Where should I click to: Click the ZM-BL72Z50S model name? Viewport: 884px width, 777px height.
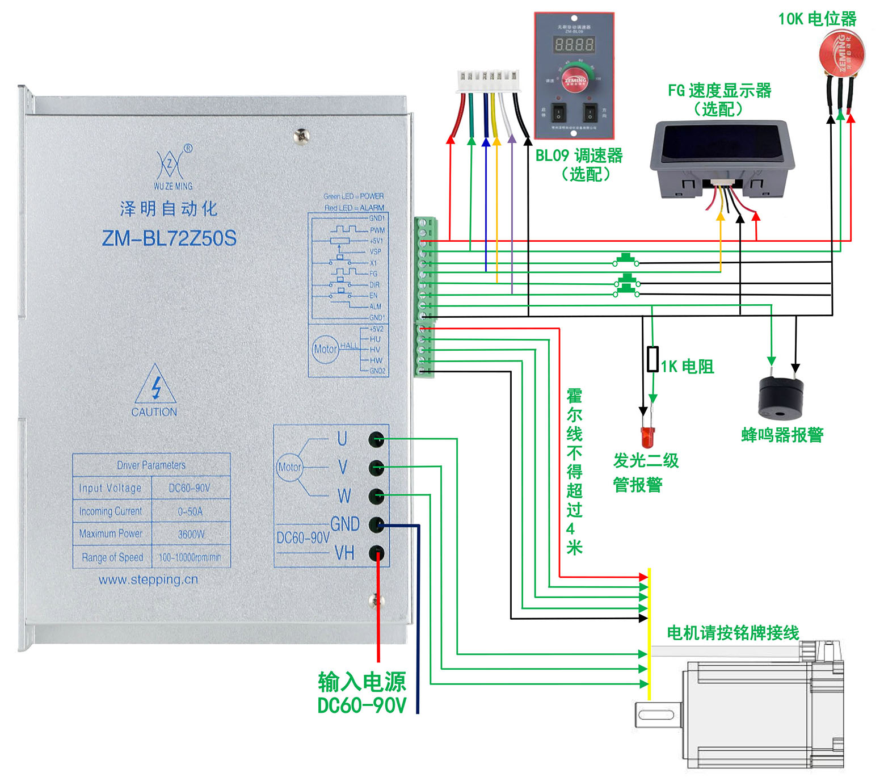tap(169, 238)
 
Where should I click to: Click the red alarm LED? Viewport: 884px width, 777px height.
tap(647, 436)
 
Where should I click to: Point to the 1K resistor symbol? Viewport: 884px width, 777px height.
tap(653, 359)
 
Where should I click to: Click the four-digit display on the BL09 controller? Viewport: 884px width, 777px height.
tap(574, 45)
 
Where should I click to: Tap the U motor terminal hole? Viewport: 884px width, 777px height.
tap(377, 439)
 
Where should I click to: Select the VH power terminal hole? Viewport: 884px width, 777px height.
tap(377, 553)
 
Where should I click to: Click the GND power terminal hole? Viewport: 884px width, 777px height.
tap(377, 524)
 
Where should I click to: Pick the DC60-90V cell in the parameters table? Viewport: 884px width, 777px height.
tap(190, 488)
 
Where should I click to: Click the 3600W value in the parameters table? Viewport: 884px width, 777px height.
tap(191, 534)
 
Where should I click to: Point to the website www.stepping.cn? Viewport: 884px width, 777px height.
tap(148, 579)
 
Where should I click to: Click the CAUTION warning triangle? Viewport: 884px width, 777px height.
tap(155, 386)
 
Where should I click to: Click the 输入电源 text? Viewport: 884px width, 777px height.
tap(361, 681)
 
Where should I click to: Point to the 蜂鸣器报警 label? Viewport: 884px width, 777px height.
tap(782, 435)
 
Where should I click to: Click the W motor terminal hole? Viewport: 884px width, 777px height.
tap(377, 496)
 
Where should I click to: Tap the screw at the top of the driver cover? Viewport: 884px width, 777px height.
tap(301, 136)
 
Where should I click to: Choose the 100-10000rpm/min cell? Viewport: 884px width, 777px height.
tap(190, 557)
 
